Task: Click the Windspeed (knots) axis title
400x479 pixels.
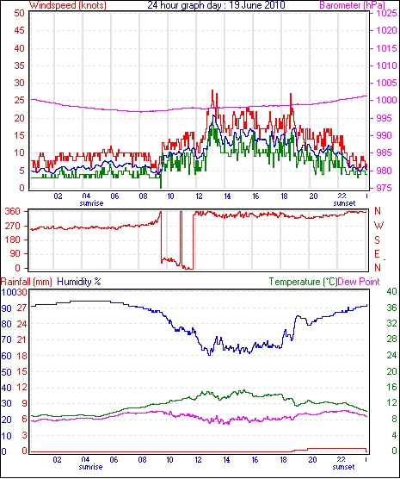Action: pos(68,5)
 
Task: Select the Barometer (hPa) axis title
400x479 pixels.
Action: pos(353,5)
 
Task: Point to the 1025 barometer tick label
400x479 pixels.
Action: pos(386,13)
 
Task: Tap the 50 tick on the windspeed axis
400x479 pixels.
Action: pos(19,13)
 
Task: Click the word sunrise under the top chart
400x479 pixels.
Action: pos(91,203)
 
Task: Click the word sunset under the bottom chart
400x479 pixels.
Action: pos(343,467)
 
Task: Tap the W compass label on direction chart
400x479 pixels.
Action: pos(378,226)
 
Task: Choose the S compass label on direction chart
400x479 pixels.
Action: pos(378,240)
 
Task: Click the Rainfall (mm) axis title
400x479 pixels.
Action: pos(27,282)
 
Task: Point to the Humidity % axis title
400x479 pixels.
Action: pos(79,282)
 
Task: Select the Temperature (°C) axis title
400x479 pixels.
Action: pos(303,282)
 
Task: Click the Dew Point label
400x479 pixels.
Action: pos(359,282)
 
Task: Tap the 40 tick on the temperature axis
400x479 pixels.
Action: pos(391,291)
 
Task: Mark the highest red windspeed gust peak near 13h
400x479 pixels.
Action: pos(212,90)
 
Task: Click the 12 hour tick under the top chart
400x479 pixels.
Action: pos(199,196)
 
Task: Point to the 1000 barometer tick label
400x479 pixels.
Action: pos(386,100)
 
